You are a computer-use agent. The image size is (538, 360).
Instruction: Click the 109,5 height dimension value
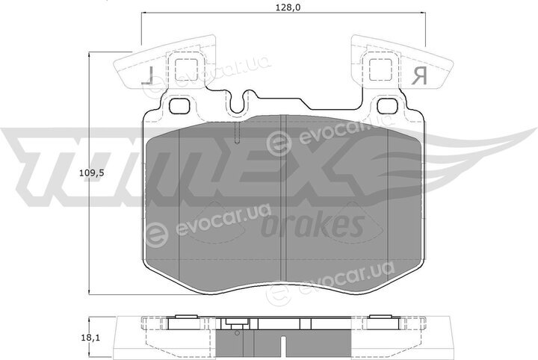pyautogui.click(x=92, y=173)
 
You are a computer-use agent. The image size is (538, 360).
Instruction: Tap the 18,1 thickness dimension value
pyautogui.click(x=90, y=338)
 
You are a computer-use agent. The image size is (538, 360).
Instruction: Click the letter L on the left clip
pyautogui.click(x=147, y=75)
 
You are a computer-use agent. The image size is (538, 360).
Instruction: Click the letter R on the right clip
pyautogui.click(x=419, y=75)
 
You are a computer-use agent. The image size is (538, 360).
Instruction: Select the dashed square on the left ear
pyautogui.click(x=186, y=71)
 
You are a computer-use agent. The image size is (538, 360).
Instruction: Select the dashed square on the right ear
pyautogui.click(x=380, y=70)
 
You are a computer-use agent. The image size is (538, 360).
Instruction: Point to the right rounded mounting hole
pyautogui.click(x=387, y=105)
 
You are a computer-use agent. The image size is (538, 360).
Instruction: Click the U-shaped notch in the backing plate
pyautogui.click(x=239, y=103)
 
